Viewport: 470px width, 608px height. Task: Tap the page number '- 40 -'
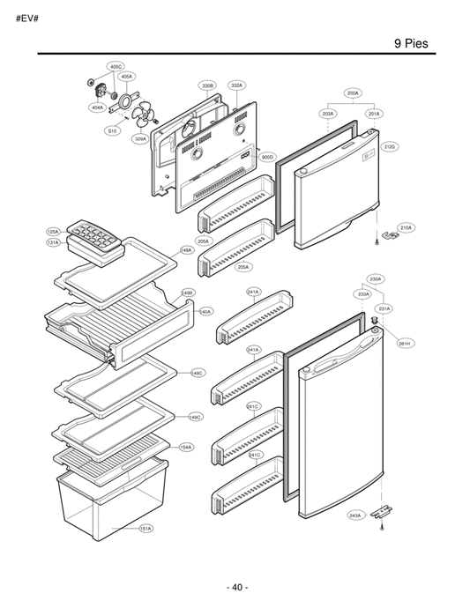point(235,587)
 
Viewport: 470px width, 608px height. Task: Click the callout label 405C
point(116,66)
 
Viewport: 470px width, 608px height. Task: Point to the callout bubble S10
point(112,130)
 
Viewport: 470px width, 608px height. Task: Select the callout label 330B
point(207,85)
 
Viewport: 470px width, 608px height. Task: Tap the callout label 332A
point(236,85)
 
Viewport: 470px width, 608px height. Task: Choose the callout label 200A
point(353,93)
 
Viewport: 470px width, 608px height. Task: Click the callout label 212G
point(392,145)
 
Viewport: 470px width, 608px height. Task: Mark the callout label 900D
point(268,157)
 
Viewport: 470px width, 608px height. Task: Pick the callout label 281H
point(403,343)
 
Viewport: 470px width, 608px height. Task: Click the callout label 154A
point(186,447)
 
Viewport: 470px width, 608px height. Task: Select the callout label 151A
point(146,529)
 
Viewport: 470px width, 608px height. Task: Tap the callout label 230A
point(375,279)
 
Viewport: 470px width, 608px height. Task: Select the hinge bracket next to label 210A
point(383,232)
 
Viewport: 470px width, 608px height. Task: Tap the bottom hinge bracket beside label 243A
point(382,511)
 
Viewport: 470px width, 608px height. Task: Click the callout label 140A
point(205,311)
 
